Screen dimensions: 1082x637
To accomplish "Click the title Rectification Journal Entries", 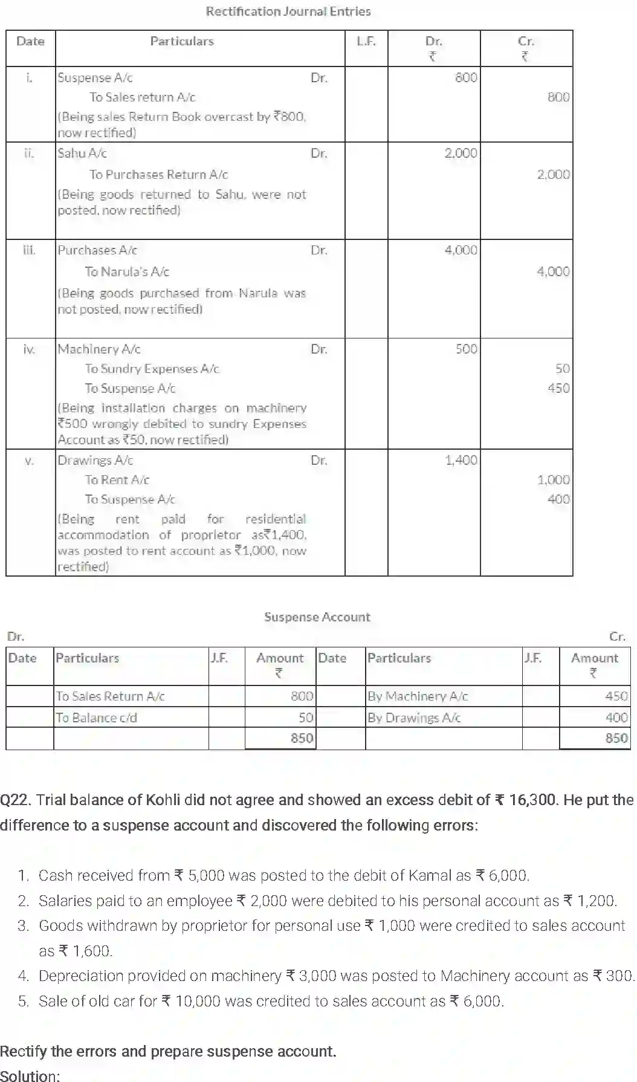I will (288, 11).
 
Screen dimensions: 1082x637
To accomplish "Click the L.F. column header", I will (366, 41).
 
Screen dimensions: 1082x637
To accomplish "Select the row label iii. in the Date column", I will (29, 250).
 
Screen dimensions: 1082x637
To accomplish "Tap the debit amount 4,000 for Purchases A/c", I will (461, 250).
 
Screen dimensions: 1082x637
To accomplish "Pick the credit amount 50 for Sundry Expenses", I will (562, 369).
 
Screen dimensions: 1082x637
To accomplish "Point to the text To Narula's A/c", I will (127, 272).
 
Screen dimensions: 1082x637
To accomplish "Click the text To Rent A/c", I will (117, 480).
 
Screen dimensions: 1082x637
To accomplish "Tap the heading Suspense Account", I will (317, 617).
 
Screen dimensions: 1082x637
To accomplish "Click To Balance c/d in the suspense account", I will (97, 718).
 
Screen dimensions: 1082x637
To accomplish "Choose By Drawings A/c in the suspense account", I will (414, 718).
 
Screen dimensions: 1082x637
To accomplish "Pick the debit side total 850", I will (302, 738).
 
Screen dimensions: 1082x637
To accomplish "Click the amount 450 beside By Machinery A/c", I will (616, 696).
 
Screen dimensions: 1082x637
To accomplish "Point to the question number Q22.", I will (15, 800).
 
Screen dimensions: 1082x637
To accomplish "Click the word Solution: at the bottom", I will (30, 1075).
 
